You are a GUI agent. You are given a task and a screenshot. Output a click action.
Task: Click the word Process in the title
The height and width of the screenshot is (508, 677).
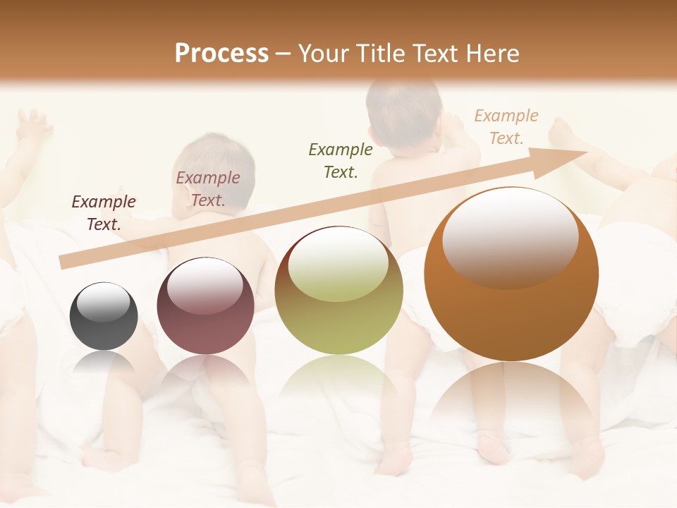221,53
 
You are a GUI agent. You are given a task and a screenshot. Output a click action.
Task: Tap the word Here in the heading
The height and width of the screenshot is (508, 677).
493,53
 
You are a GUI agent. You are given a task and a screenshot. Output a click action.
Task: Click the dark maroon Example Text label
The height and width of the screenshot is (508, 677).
104,213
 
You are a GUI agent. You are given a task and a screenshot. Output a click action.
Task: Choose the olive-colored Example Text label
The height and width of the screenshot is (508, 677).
341,160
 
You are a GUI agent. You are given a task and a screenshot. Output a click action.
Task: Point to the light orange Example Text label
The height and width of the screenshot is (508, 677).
506,127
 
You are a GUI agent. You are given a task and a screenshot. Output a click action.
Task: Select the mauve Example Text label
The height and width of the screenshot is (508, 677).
208,189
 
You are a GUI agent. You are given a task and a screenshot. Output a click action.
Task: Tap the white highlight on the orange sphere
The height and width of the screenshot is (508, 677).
511,236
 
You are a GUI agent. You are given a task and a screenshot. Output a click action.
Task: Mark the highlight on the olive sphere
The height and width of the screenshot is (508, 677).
338,266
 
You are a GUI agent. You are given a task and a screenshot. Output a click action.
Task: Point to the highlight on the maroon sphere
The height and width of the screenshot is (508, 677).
205,285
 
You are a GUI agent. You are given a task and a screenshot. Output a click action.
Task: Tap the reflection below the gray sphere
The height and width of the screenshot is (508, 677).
104,363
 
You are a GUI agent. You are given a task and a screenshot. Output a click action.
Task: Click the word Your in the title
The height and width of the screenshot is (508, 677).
320,53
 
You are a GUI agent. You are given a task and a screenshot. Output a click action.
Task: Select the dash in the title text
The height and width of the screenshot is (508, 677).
283,54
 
